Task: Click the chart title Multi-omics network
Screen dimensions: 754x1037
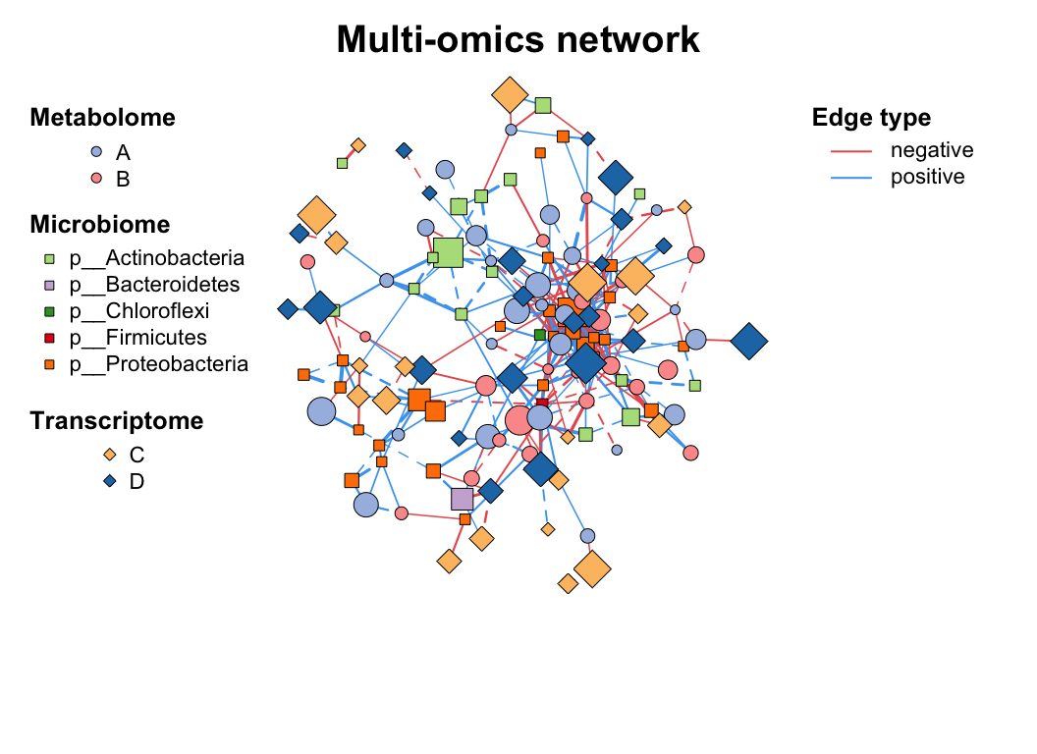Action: point(518,40)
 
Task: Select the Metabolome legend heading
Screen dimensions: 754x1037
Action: point(102,118)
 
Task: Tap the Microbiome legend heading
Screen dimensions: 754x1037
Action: point(99,225)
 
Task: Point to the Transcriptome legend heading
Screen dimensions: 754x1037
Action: point(116,421)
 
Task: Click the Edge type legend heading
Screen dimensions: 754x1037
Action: point(871,119)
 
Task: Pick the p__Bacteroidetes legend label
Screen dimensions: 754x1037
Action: point(154,286)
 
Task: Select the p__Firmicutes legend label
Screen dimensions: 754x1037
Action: point(137,339)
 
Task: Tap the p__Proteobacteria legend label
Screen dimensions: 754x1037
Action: point(158,365)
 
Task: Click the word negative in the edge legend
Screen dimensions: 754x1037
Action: point(931,150)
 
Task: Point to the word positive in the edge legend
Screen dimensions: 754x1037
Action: point(927,177)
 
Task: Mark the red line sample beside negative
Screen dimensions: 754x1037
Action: point(851,151)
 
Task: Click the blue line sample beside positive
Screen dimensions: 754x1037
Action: point(851,178)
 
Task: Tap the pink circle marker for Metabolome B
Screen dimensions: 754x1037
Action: point(96,179)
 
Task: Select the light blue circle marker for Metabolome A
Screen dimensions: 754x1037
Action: point(96,152)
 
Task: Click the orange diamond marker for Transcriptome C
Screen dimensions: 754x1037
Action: point(109,455)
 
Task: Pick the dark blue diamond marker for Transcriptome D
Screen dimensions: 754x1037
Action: point(109,481)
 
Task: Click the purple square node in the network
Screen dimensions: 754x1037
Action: point(462,499)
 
